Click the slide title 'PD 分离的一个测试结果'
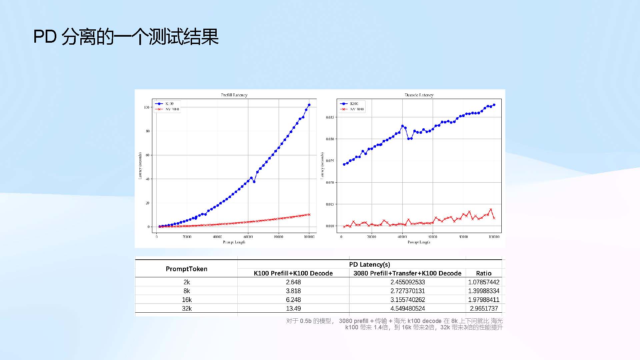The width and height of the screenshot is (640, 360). [126, 36]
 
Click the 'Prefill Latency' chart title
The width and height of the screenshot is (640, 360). [234, 95]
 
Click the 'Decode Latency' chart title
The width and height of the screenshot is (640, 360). [419, 95]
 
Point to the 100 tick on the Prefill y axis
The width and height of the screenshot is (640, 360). [147, 107]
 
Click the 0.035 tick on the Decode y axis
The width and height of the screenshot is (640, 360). [330, 117]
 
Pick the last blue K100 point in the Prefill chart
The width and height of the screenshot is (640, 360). [309, 105]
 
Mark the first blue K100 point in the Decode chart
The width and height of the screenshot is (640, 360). [344, 164]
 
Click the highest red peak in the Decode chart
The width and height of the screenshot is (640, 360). [491, 210]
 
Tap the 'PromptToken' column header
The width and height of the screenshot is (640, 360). [186, 269]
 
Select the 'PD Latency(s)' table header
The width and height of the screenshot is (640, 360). [369, 264]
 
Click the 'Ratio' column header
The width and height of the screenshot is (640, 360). [484, 273]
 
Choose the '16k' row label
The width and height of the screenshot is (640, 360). [187, 300]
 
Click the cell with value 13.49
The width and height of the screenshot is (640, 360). [293, 308]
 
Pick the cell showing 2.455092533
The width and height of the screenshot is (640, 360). [407, 282]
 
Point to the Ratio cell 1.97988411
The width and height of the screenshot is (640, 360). [484, 300]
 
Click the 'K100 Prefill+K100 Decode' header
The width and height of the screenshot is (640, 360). [293, 273]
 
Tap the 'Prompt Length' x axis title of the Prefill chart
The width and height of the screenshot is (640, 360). [234, 242]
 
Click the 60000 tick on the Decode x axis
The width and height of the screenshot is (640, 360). [433, 237]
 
